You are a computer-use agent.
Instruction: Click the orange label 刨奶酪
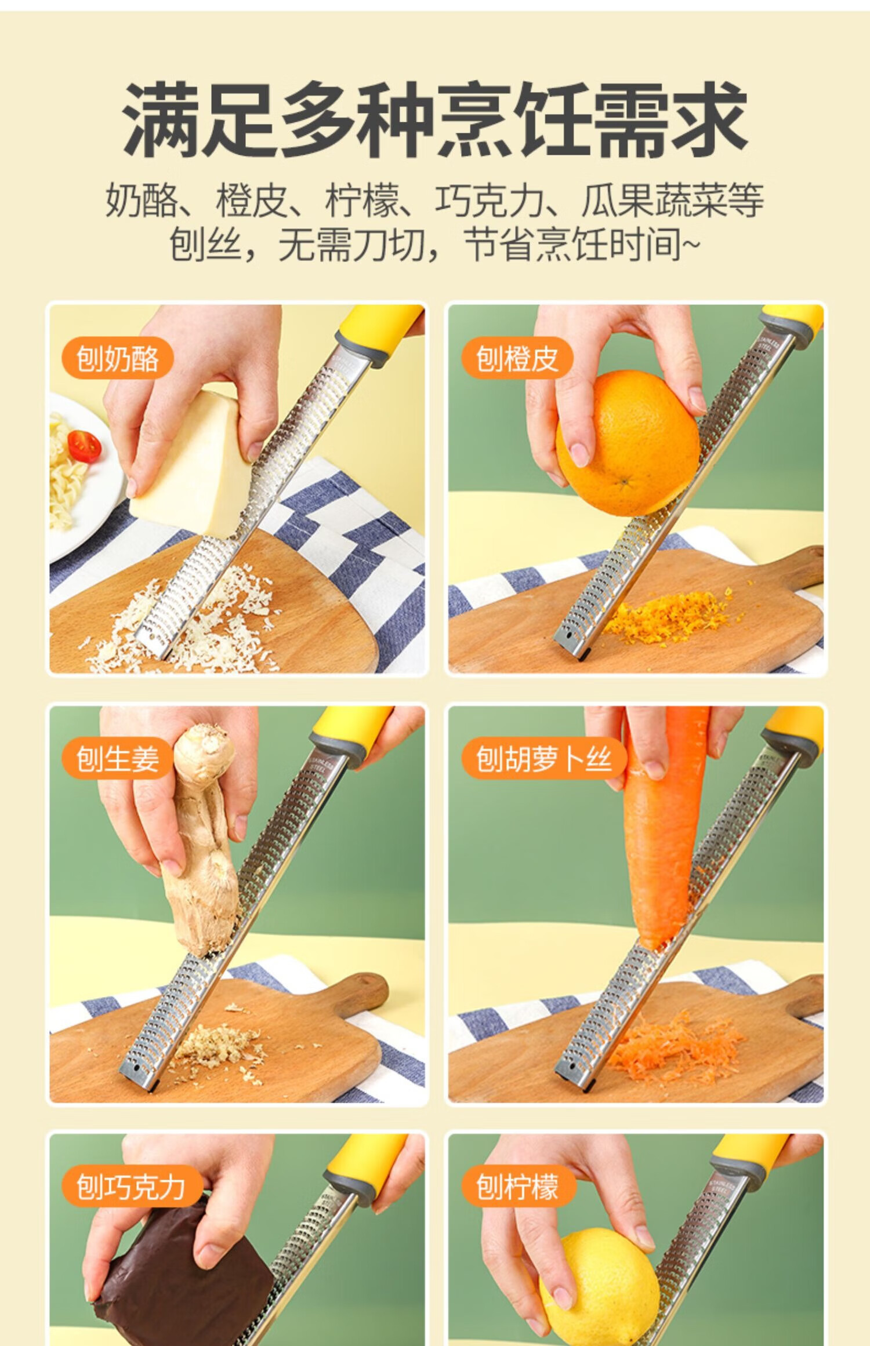[118, 358]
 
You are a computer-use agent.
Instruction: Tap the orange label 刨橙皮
[517, 358]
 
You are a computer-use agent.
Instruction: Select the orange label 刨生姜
[118, 759]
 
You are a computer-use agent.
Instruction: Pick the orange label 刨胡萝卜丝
[544, 759]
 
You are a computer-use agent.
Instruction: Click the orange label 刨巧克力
[131, 1187]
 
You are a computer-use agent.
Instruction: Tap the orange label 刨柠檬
[517, 1187]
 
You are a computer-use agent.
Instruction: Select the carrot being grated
[667, 829]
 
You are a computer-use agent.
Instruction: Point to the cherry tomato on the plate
[84, 445]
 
